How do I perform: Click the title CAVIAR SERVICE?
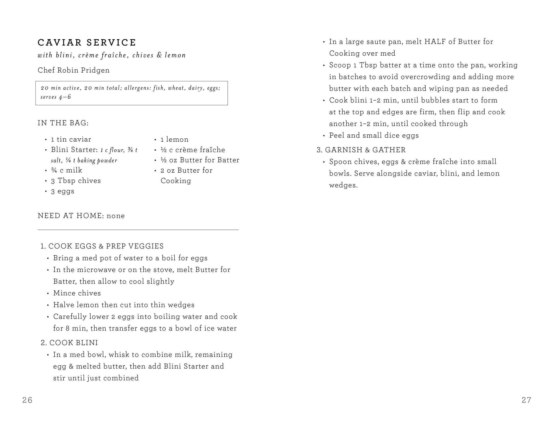coord(87,43)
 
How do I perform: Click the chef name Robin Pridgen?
coord(74,70)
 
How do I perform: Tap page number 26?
coord(27,400)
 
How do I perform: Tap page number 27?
coord(526,400)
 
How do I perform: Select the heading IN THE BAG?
coord(63,123)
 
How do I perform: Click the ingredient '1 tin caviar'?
coord(71,139)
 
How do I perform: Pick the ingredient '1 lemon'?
coord(174,139)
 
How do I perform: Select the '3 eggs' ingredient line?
coord(63,191)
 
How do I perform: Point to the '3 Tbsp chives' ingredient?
coord(76,181)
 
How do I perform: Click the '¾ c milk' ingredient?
coord(67,170)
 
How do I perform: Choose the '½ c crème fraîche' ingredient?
coord(193,150)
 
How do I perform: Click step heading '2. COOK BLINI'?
coord(69,343)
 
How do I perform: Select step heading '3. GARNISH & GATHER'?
coord(361,150)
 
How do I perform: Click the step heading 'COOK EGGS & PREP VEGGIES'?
coord(106,246)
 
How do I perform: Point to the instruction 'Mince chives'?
coord(77,293)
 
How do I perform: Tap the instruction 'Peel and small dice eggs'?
coord(374,135)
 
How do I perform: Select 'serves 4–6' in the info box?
coord(56,97)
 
